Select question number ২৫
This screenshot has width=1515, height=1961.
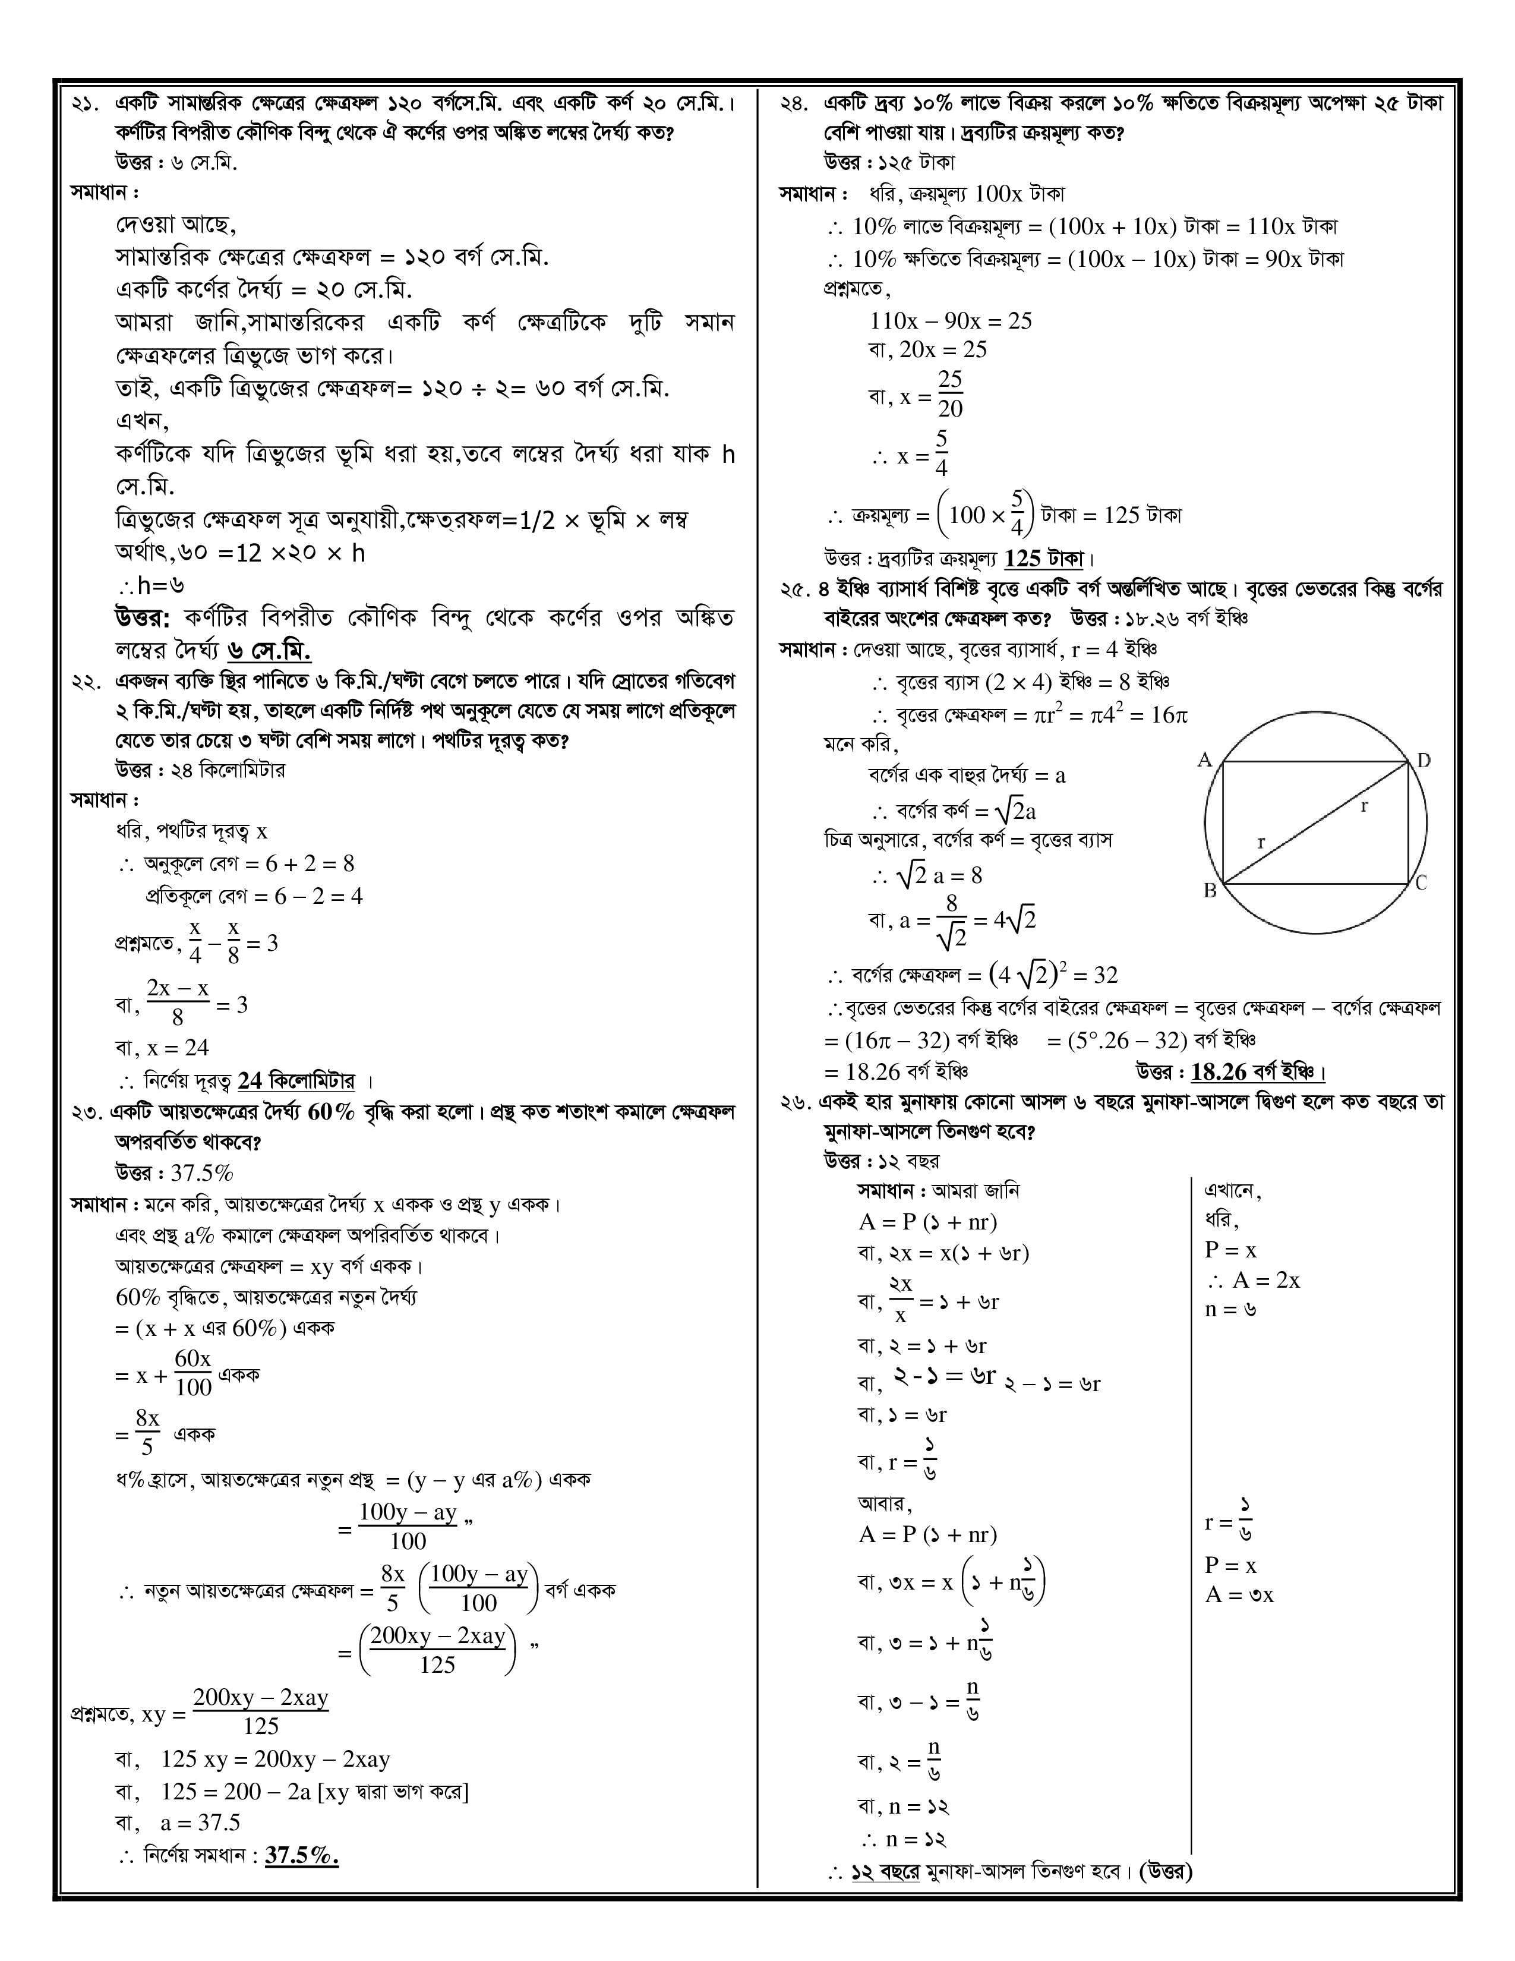tap(794, 590)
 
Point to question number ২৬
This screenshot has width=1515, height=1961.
tap(794, 1102)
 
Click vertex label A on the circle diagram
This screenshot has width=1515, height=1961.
tap(1204, 761)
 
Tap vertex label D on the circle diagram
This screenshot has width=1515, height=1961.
tap(1424, 761)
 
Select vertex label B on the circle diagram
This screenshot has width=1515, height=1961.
tap(1209, 891)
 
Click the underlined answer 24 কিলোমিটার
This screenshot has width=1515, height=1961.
tap(296, 1081)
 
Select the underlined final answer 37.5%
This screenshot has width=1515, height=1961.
tap(302, 1856)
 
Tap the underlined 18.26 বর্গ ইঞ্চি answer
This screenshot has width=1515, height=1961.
tap(1257, 1072)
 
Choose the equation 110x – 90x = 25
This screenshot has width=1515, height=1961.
tap(951, 320)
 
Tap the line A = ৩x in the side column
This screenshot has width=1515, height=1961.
tap(1239, 1595)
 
